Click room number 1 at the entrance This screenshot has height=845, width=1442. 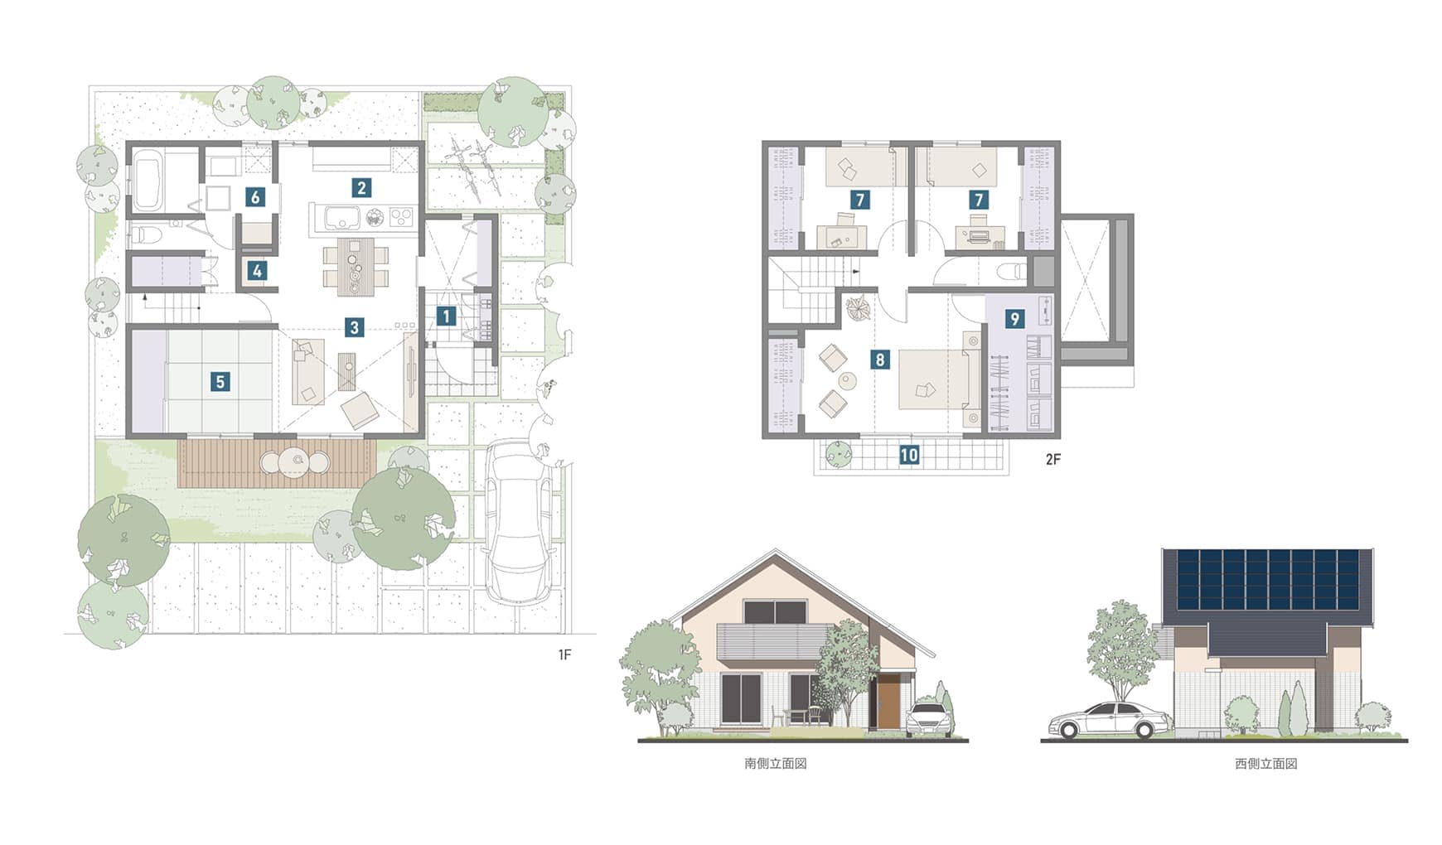pos(446,316)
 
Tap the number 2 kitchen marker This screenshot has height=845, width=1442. pos(360,188)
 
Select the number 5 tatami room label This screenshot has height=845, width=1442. pos(220,381)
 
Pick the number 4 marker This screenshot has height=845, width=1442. pos(257,270)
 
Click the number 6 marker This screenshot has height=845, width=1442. pos(255,197)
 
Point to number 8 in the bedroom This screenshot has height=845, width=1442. pos(880,360)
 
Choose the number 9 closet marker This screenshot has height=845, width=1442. pos(1014,318)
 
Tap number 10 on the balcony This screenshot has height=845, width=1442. pos(909,455)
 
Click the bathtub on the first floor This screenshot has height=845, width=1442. pos(149,180)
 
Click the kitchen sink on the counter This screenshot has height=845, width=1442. pos(338,218)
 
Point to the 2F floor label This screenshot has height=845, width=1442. pos(1052,459)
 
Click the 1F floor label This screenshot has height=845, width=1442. pos(564,654)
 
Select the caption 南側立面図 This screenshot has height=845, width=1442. pos(776,764)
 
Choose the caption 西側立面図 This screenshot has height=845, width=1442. pos(1265,764)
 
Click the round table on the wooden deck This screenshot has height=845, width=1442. pos(295,461)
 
